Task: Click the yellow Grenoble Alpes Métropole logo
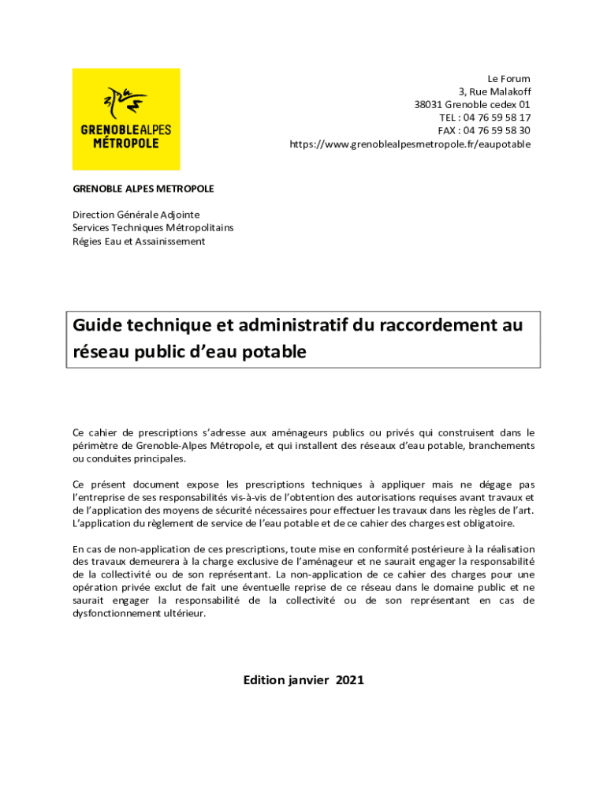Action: point(126,119)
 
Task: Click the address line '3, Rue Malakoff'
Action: point(494,92)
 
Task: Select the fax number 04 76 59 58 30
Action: point(497,131)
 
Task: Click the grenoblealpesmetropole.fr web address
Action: point(410,144)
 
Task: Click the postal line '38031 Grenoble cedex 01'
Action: point(472,105)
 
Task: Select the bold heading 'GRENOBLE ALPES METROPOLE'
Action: point(143,189)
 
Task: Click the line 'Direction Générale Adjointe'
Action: point(136,215)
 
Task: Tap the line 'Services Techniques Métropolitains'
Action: point(153,228)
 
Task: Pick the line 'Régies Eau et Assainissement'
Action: point(139,241)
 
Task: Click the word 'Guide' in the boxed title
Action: point(96,325)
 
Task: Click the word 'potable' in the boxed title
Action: point(274,352)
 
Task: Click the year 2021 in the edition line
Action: point(350,680)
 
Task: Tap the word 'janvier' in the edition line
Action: point(307,680)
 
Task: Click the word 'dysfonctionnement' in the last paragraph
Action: point(117,614)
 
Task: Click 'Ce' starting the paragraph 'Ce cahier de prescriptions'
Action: point(78,432)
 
